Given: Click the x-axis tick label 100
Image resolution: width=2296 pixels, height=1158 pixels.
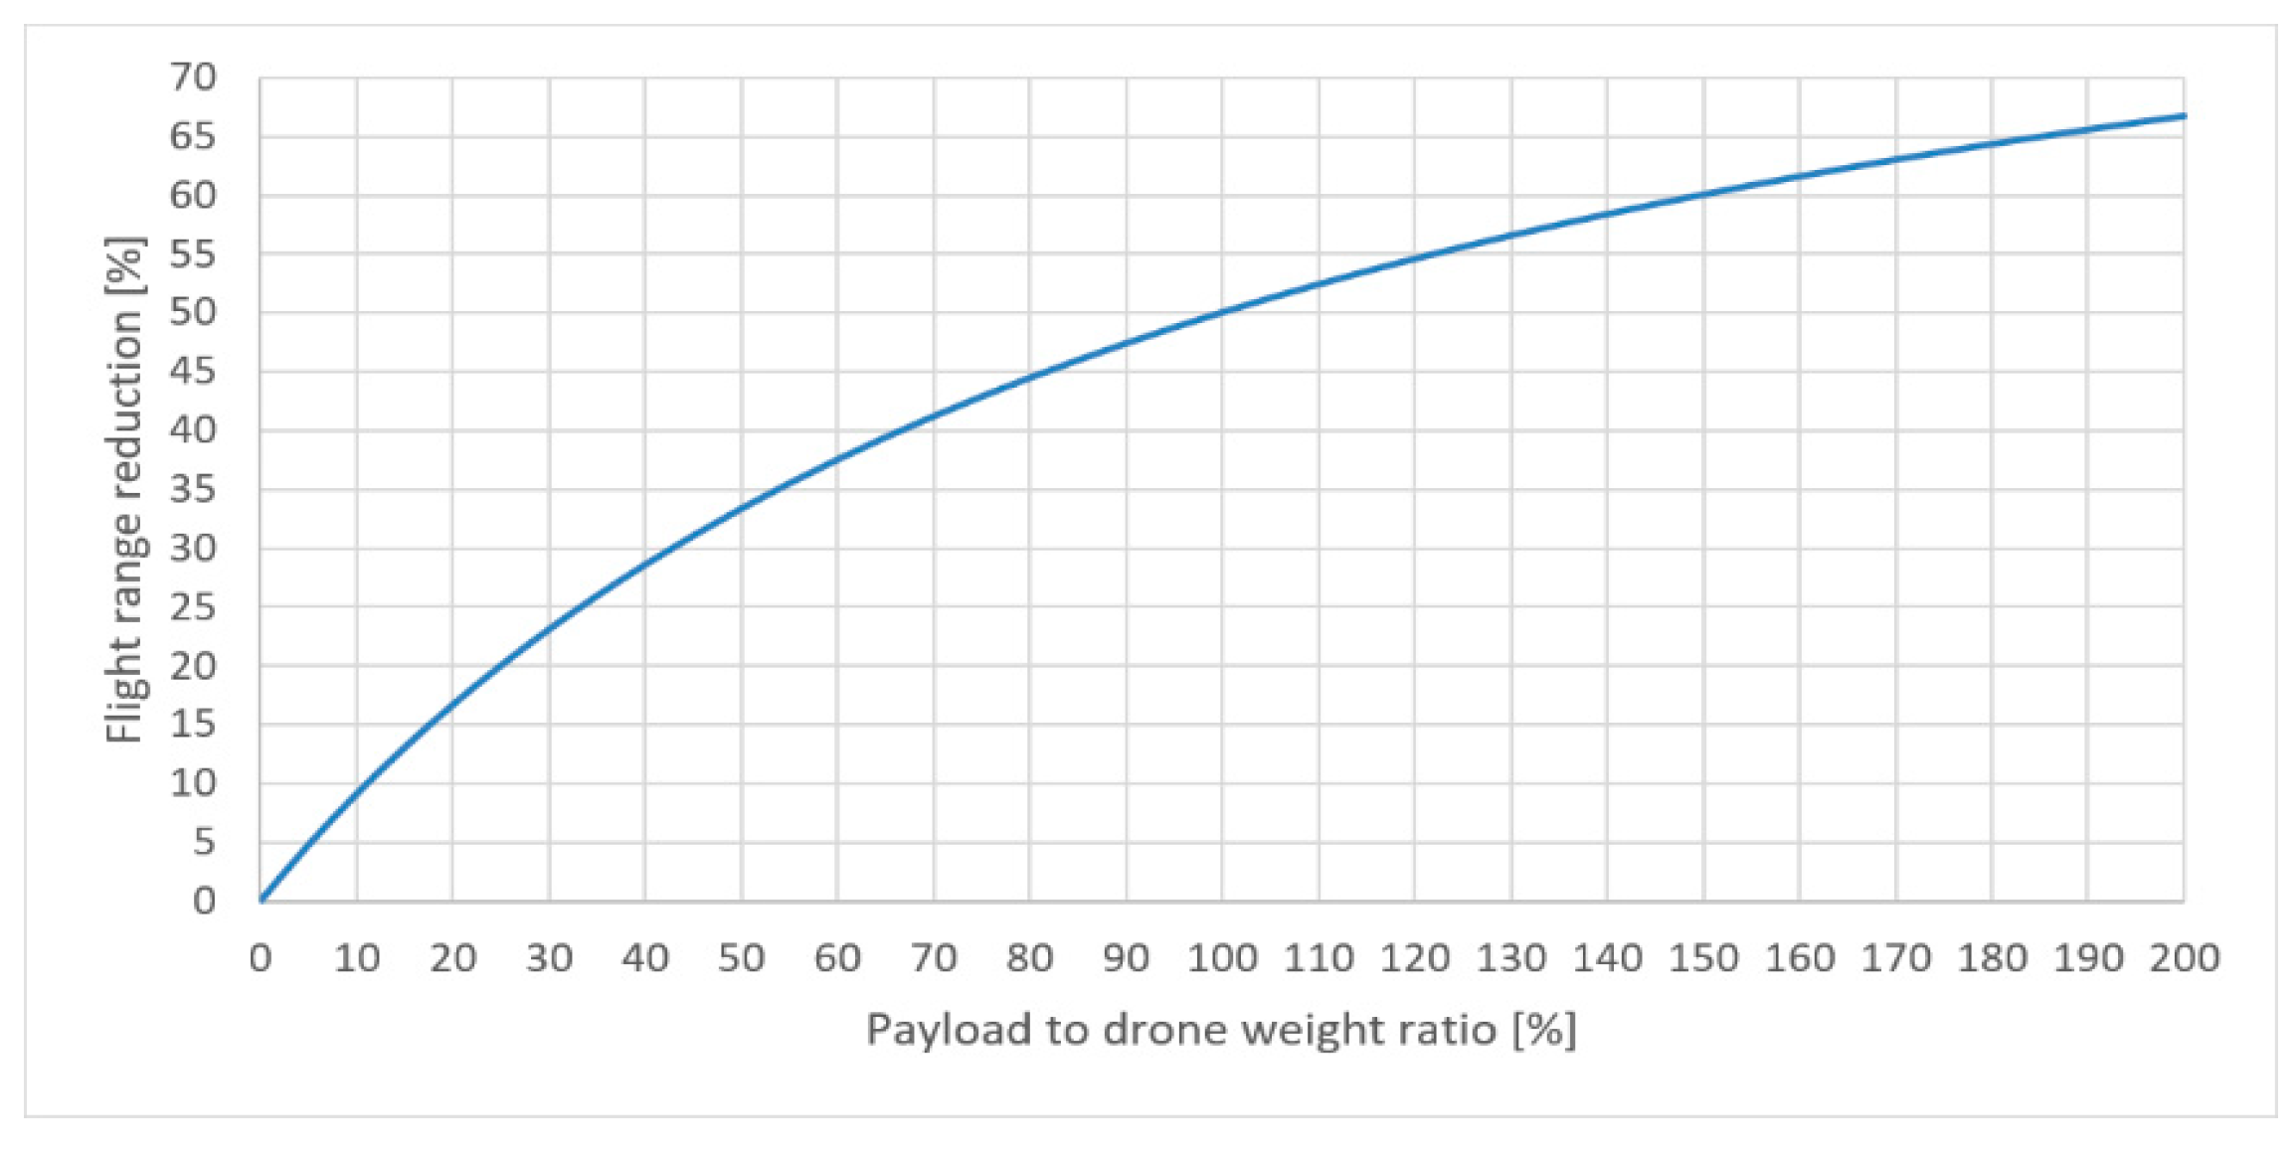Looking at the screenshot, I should pyautogui.click(x=1221, y=959).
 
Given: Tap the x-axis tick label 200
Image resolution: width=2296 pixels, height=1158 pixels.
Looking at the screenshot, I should pyautogui.click(x=2184, y=959).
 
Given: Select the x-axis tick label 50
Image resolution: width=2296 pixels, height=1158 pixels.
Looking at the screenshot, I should pyautogui.click(x=741, y=959).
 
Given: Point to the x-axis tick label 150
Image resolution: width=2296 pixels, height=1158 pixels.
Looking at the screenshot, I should pyautogui.click(x=1702, y=959).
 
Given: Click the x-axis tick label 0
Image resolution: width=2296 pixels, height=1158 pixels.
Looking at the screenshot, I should pyautogui.click(x=261, y=959).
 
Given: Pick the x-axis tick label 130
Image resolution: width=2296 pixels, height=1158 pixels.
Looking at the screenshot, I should pyautogui.click(x=1510, y=959).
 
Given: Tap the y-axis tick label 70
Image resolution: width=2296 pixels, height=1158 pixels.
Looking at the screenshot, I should pyautogui.click(x=193, y=78).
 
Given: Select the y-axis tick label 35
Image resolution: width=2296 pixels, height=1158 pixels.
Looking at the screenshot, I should pyautogui.click(x=193, y=489).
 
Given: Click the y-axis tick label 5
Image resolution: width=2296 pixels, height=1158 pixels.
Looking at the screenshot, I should pyautogui.click(x=204, y=843).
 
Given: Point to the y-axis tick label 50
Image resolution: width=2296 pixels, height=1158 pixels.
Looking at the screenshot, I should pyautogui.click(x=193, y=312).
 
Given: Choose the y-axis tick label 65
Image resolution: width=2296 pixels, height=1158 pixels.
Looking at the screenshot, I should pyautogui.click(x=193, y=136).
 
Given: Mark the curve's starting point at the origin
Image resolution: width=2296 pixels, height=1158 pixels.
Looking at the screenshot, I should pyautogui.click(x=262, y=900).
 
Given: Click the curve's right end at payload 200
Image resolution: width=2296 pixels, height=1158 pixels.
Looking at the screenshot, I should pyautogui.click(x=2183, y=116).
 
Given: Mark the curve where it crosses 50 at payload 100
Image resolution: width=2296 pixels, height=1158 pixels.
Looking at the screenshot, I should pyautogui.click(x=1222, y=312).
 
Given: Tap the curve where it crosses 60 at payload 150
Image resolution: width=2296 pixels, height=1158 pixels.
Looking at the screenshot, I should pyautogui.click(x=1703, y=194).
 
